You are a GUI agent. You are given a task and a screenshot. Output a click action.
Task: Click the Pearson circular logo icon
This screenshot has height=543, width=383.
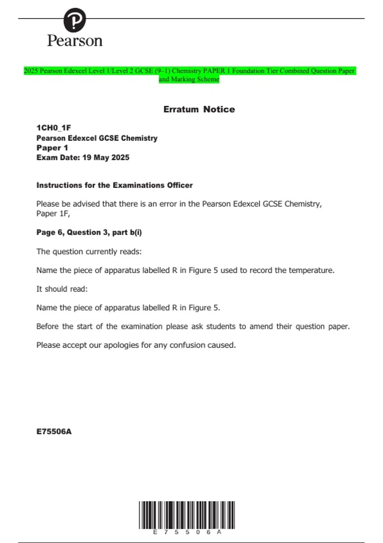(75, 20)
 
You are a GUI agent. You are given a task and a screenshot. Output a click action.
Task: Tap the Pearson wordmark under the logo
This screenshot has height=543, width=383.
(75, 41)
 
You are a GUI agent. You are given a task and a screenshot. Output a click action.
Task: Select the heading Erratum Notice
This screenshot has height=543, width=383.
(199, 109)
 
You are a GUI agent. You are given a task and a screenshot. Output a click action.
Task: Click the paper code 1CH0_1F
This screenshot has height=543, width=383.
(54, 128)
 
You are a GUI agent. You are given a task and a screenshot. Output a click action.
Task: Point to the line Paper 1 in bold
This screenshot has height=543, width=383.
(52, 148)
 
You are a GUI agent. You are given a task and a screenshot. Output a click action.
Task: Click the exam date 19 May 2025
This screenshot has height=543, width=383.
(106, 157)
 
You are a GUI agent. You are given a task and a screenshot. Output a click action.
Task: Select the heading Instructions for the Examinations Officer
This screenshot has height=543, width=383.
(114, 185)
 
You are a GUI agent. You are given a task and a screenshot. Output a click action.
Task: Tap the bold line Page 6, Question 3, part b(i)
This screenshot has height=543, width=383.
(89, 232)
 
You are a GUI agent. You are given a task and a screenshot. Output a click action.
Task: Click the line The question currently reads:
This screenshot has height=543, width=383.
(89, 252)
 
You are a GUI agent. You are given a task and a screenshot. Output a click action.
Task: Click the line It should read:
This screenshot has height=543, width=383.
(62, 289)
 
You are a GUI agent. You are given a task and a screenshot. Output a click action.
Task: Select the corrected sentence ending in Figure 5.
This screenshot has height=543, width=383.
(128, 308)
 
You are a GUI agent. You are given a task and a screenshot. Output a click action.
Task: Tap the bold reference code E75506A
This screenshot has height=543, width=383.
(54, 432)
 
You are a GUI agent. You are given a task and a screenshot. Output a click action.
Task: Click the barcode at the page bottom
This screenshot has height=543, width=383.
(187, 515)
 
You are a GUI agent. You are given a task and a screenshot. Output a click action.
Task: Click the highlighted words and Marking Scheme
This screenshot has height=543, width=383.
(189, 79)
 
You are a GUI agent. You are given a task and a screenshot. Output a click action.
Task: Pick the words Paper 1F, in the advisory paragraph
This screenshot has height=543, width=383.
(53, 213)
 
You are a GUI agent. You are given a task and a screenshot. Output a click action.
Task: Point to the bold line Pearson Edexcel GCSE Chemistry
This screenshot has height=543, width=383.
(97, 138)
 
